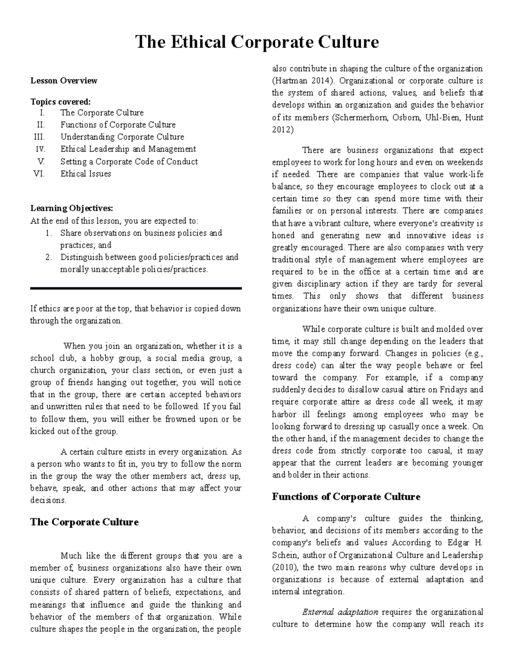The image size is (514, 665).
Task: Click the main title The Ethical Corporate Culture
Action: (257, 42)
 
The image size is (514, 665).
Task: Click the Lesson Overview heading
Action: (64, 81)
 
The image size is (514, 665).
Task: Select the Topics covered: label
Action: (60, 102)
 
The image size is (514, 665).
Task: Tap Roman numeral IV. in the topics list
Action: (40, 149)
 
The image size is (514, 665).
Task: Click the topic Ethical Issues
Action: (86, 174)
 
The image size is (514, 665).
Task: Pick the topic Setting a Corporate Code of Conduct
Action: (129, 161)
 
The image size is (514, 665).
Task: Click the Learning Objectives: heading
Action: (72, 209)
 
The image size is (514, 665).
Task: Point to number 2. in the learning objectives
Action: (48, 257)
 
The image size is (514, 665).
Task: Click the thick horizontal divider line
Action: (136, 289)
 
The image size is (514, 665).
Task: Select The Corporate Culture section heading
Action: (84, 522)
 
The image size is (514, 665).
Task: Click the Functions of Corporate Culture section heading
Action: (346, 497)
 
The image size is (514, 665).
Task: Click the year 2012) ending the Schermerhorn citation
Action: (283, 129)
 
